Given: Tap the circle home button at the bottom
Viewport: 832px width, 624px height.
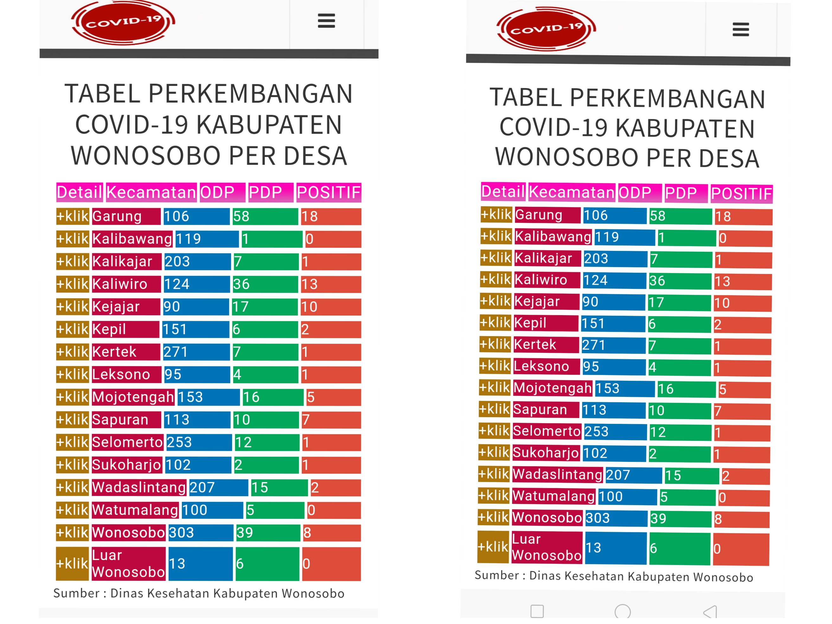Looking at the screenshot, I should (622, 612).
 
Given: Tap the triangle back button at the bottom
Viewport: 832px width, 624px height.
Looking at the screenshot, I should (710, 612).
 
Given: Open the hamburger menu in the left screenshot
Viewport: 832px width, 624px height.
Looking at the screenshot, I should (326, 21).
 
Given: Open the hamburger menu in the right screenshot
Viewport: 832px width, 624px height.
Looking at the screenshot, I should (740, 29).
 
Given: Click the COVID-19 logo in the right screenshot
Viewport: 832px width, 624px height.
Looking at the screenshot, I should (546, 29).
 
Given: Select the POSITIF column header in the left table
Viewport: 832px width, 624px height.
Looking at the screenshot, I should (328, 193).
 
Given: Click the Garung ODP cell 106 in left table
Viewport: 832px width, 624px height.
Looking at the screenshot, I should (196, 216).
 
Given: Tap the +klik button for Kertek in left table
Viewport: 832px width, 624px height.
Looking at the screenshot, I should (72, 352).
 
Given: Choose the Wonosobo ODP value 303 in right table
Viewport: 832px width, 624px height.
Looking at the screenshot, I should (616, 518).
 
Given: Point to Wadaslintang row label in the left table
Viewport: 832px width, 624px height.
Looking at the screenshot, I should (139, 487).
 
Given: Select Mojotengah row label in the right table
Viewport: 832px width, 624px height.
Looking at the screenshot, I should (552, 388).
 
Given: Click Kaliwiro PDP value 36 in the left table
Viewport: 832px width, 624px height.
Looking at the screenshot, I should (265, 284).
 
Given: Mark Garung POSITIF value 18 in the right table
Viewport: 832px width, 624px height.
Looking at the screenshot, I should (743, 217).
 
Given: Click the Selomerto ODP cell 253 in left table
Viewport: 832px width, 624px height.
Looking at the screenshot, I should (199, 442).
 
